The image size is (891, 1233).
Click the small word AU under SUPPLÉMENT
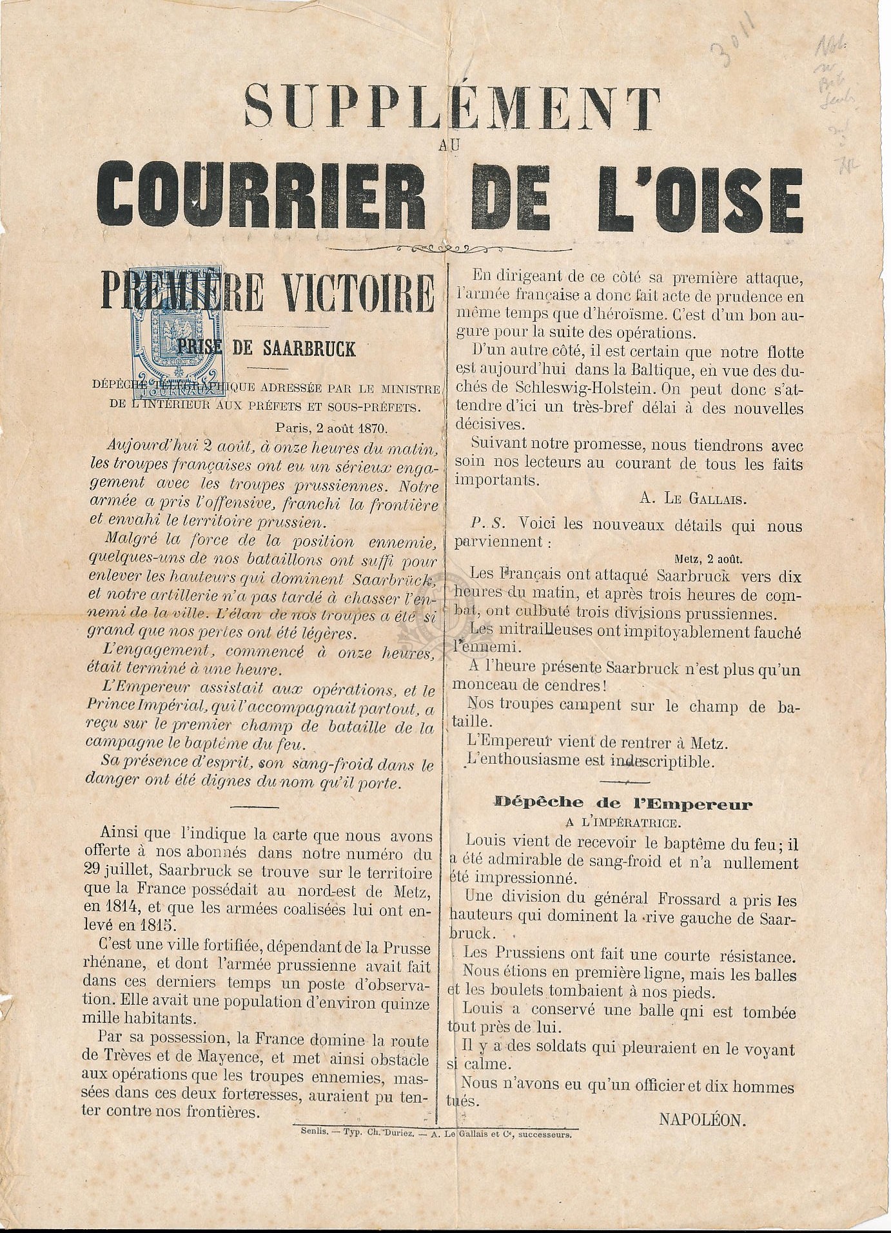449,146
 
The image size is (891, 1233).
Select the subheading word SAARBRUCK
309,349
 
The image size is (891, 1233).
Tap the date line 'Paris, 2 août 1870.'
331,427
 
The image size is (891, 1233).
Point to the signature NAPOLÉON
702,1120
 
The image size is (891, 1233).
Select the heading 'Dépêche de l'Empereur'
623,803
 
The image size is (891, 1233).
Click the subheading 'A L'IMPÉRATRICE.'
622,822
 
